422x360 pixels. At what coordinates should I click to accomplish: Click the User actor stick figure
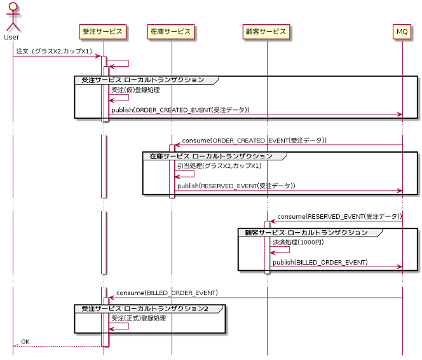coord(11,18)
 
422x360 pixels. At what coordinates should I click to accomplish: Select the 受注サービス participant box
coord(103,31)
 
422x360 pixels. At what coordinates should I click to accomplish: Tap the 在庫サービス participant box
coord(170,31)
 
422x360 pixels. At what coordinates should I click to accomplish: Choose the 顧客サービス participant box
coord(267,31)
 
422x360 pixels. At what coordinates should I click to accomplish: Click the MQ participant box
coord(402,31)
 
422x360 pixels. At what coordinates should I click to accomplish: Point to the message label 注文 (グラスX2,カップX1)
coord(54,51)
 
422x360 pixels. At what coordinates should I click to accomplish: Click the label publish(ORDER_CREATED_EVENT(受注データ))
coord(180,110)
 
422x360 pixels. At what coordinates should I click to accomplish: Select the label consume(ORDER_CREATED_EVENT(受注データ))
coord(254,140)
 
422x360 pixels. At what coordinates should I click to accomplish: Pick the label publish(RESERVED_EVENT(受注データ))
coord(236,186)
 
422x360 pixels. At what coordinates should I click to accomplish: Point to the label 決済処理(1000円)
coord(298,242)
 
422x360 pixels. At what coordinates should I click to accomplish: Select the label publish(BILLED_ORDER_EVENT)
coord(320,262)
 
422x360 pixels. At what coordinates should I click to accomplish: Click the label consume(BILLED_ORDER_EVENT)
coord(167,293)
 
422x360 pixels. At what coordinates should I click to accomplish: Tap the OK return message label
coord(25,342)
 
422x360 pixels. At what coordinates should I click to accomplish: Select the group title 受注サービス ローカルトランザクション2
coord(144,308)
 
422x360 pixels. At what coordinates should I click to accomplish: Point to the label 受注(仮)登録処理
coord(135,90)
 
